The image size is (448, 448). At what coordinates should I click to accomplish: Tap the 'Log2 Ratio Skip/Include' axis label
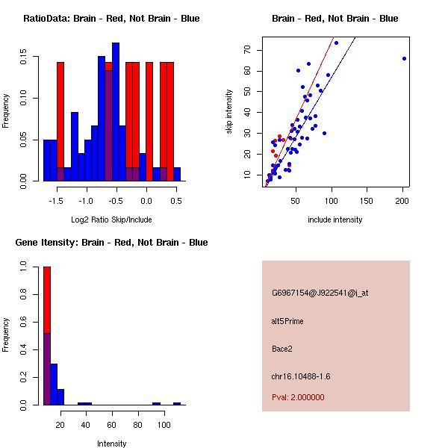[x=111, y=220]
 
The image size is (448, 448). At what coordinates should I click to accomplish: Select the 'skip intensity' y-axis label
[x=230, y=112]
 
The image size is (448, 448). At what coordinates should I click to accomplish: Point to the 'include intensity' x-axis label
[x=335, y=220]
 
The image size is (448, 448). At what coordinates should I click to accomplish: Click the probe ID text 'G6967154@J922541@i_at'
[x=320, y=293]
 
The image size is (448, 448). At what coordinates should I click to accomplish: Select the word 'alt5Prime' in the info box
[x=287, y=321]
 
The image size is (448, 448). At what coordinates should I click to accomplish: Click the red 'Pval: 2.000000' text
[x=298, y=397]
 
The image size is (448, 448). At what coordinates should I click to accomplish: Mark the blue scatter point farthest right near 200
[x=404, y=58]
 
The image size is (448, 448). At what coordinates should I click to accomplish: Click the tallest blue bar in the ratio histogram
[x=116, y=112]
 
